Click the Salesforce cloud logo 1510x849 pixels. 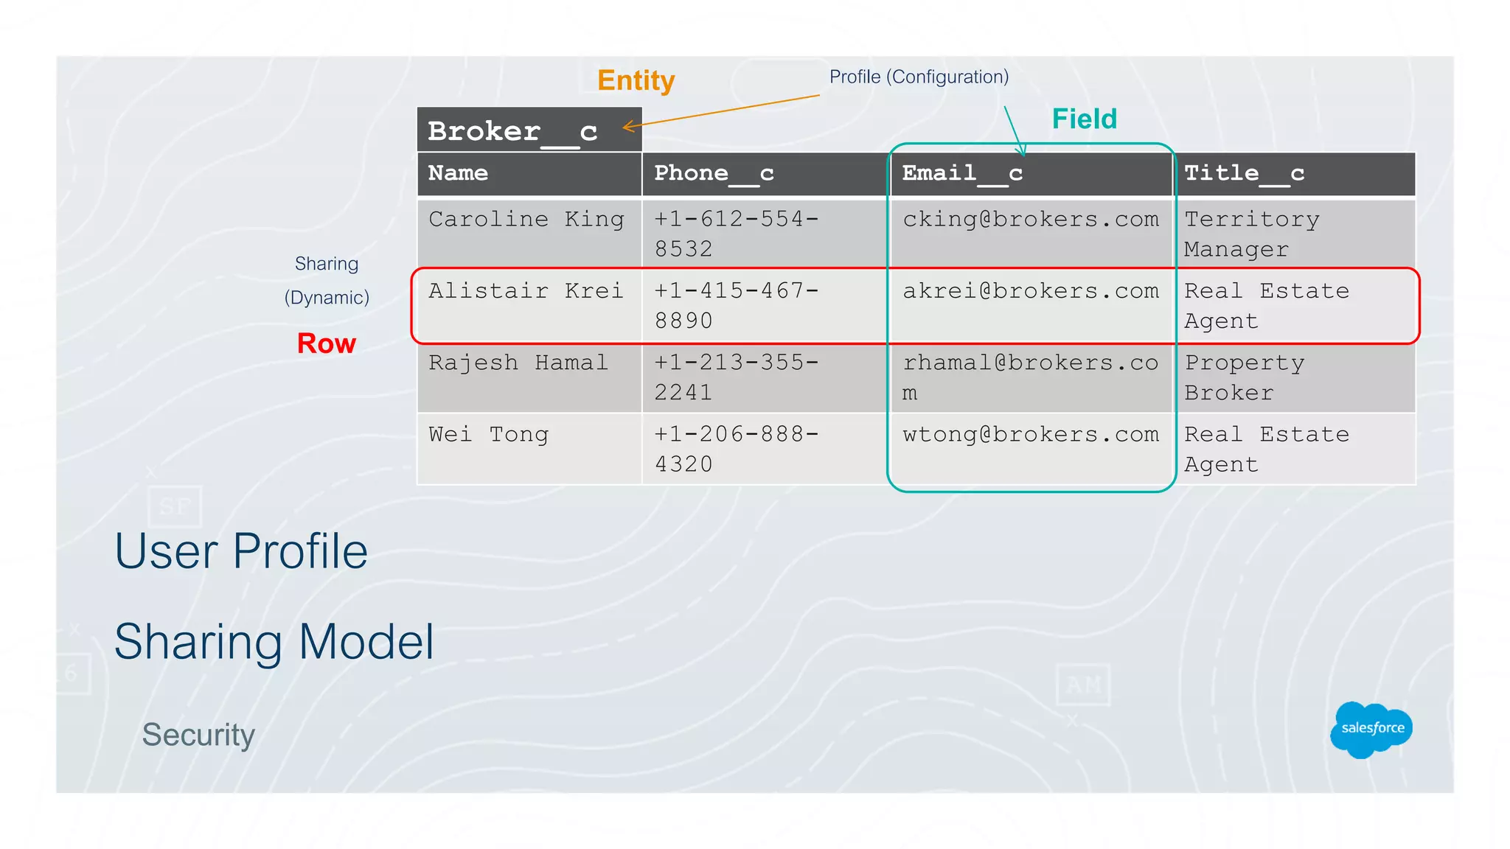[x=1371, y=729]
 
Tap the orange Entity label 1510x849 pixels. [x=636, y=80]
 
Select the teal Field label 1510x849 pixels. [x=1084, y=119]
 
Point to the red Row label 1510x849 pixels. [x=326, y=343]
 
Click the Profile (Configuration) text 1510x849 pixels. [x=919, y=77]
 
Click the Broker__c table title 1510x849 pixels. [x=512, y=131]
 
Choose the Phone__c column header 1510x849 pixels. [x=714, y=173]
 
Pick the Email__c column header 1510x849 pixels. [x=962, y=173]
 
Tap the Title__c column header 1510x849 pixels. [x=1244, y=173]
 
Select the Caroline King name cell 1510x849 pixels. [x=526, y=220]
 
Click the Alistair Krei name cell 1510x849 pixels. [x=526, y=291]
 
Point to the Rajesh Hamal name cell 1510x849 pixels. [x=518, y=363]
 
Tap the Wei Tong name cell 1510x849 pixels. [x=488, y=435]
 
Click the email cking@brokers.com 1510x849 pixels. [x=1030, y=220]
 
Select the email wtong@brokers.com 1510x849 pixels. [x=1030, y=435]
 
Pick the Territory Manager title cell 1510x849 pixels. [x=1251, y=234]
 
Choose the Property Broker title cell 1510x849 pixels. [x=1244, y=377]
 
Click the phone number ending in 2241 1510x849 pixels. [x=736, y=377]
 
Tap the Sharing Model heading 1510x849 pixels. [x=274, y=642]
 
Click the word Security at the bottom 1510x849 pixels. [x=198, y=735]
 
